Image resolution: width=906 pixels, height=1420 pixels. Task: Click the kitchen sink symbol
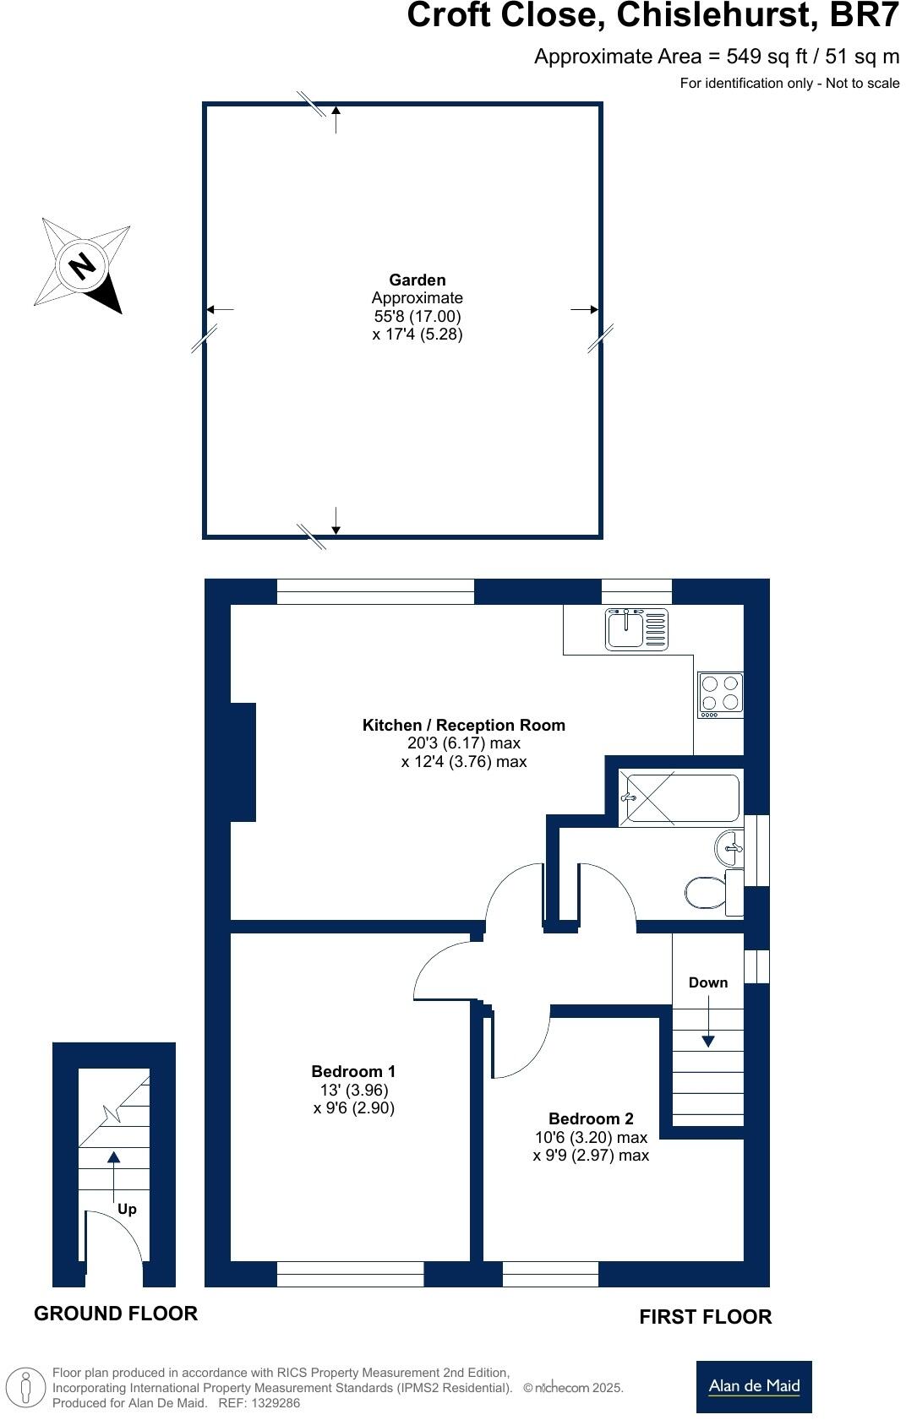tap(636, 629)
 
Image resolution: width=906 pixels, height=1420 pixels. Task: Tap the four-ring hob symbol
tap(720, 694)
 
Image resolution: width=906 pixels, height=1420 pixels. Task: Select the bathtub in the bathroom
tap(681, 797)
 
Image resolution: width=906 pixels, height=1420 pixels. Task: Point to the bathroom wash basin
tap(729, 847)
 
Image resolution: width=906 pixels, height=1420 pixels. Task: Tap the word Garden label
tap(417, 280)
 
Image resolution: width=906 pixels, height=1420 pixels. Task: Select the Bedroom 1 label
tap(353, 1071)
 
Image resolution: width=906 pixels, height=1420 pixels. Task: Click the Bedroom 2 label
tap(591, 1118)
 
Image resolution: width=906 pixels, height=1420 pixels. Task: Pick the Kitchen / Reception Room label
tap(463, 725)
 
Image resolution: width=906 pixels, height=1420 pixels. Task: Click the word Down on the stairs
tap(707, 982)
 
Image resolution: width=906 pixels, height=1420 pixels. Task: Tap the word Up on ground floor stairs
tap(127, 1209)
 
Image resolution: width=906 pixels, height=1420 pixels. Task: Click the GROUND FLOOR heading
tap(116, 1313)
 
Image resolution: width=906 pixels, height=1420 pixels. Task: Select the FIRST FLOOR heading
tap(705, 1317)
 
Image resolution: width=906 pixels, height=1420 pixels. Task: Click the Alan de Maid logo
tap(754, 1386)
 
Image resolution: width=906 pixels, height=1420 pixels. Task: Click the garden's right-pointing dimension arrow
tap(585, 310)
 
